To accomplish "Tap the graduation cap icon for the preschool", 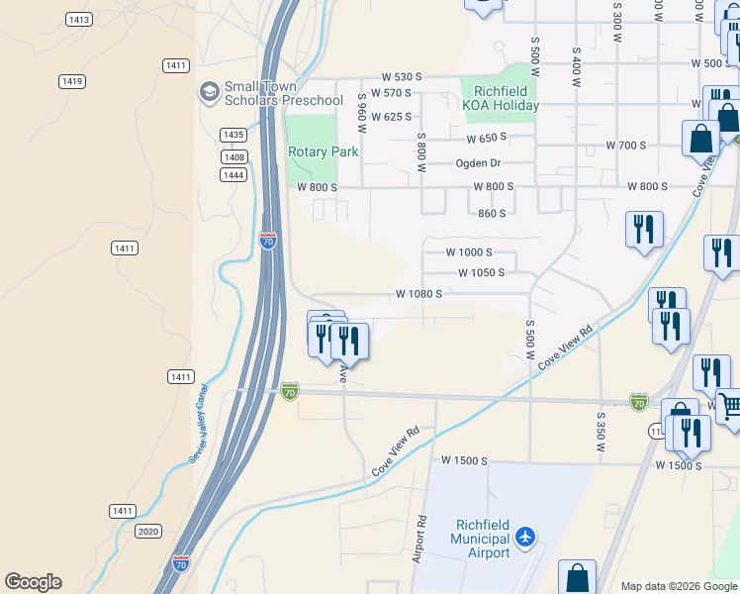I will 209,92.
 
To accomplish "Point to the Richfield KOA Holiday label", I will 500,98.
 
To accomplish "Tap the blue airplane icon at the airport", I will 525,538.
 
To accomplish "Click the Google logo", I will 33,582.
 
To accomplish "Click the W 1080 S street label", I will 418,293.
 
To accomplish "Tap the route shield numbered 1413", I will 79,20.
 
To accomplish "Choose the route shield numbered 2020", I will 148,531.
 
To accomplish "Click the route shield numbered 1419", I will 70,81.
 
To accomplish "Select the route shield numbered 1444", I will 233,174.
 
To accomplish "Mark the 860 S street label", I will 492,213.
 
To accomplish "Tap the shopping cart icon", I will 730,405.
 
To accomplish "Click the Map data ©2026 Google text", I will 679,586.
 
